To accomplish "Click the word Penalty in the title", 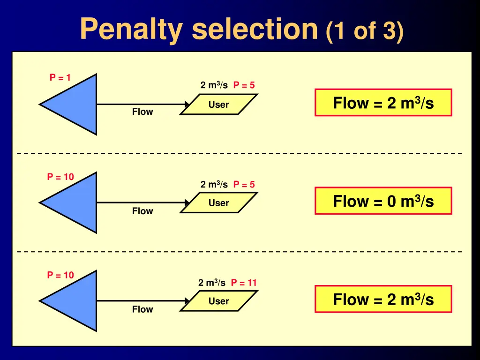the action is (x=132, y=30).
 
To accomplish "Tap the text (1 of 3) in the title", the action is (x=364, y=31).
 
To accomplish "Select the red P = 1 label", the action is (x=60, y=77).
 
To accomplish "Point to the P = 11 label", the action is (x=244, y=283).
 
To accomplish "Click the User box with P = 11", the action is (x=218, y=301).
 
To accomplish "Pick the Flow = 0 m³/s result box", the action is (x=383, y=201).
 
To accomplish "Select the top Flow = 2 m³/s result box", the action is (x=383, y=103).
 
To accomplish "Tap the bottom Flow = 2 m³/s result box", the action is (x=383, y=299).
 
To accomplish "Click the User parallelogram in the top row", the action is (x=218, y=105).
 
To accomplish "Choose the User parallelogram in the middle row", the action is (x=218, y=202).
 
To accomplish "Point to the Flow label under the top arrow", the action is (x=142, y=112).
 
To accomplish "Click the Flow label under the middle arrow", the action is (x=142, y=211).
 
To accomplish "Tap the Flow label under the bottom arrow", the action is (x=142, y=309).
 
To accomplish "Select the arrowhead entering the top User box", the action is (x=187, y=105).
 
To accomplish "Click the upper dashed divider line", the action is (x=240, y=153).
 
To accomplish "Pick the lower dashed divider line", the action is (x=240, y=252).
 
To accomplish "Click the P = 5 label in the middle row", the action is (x=244, y=184).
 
